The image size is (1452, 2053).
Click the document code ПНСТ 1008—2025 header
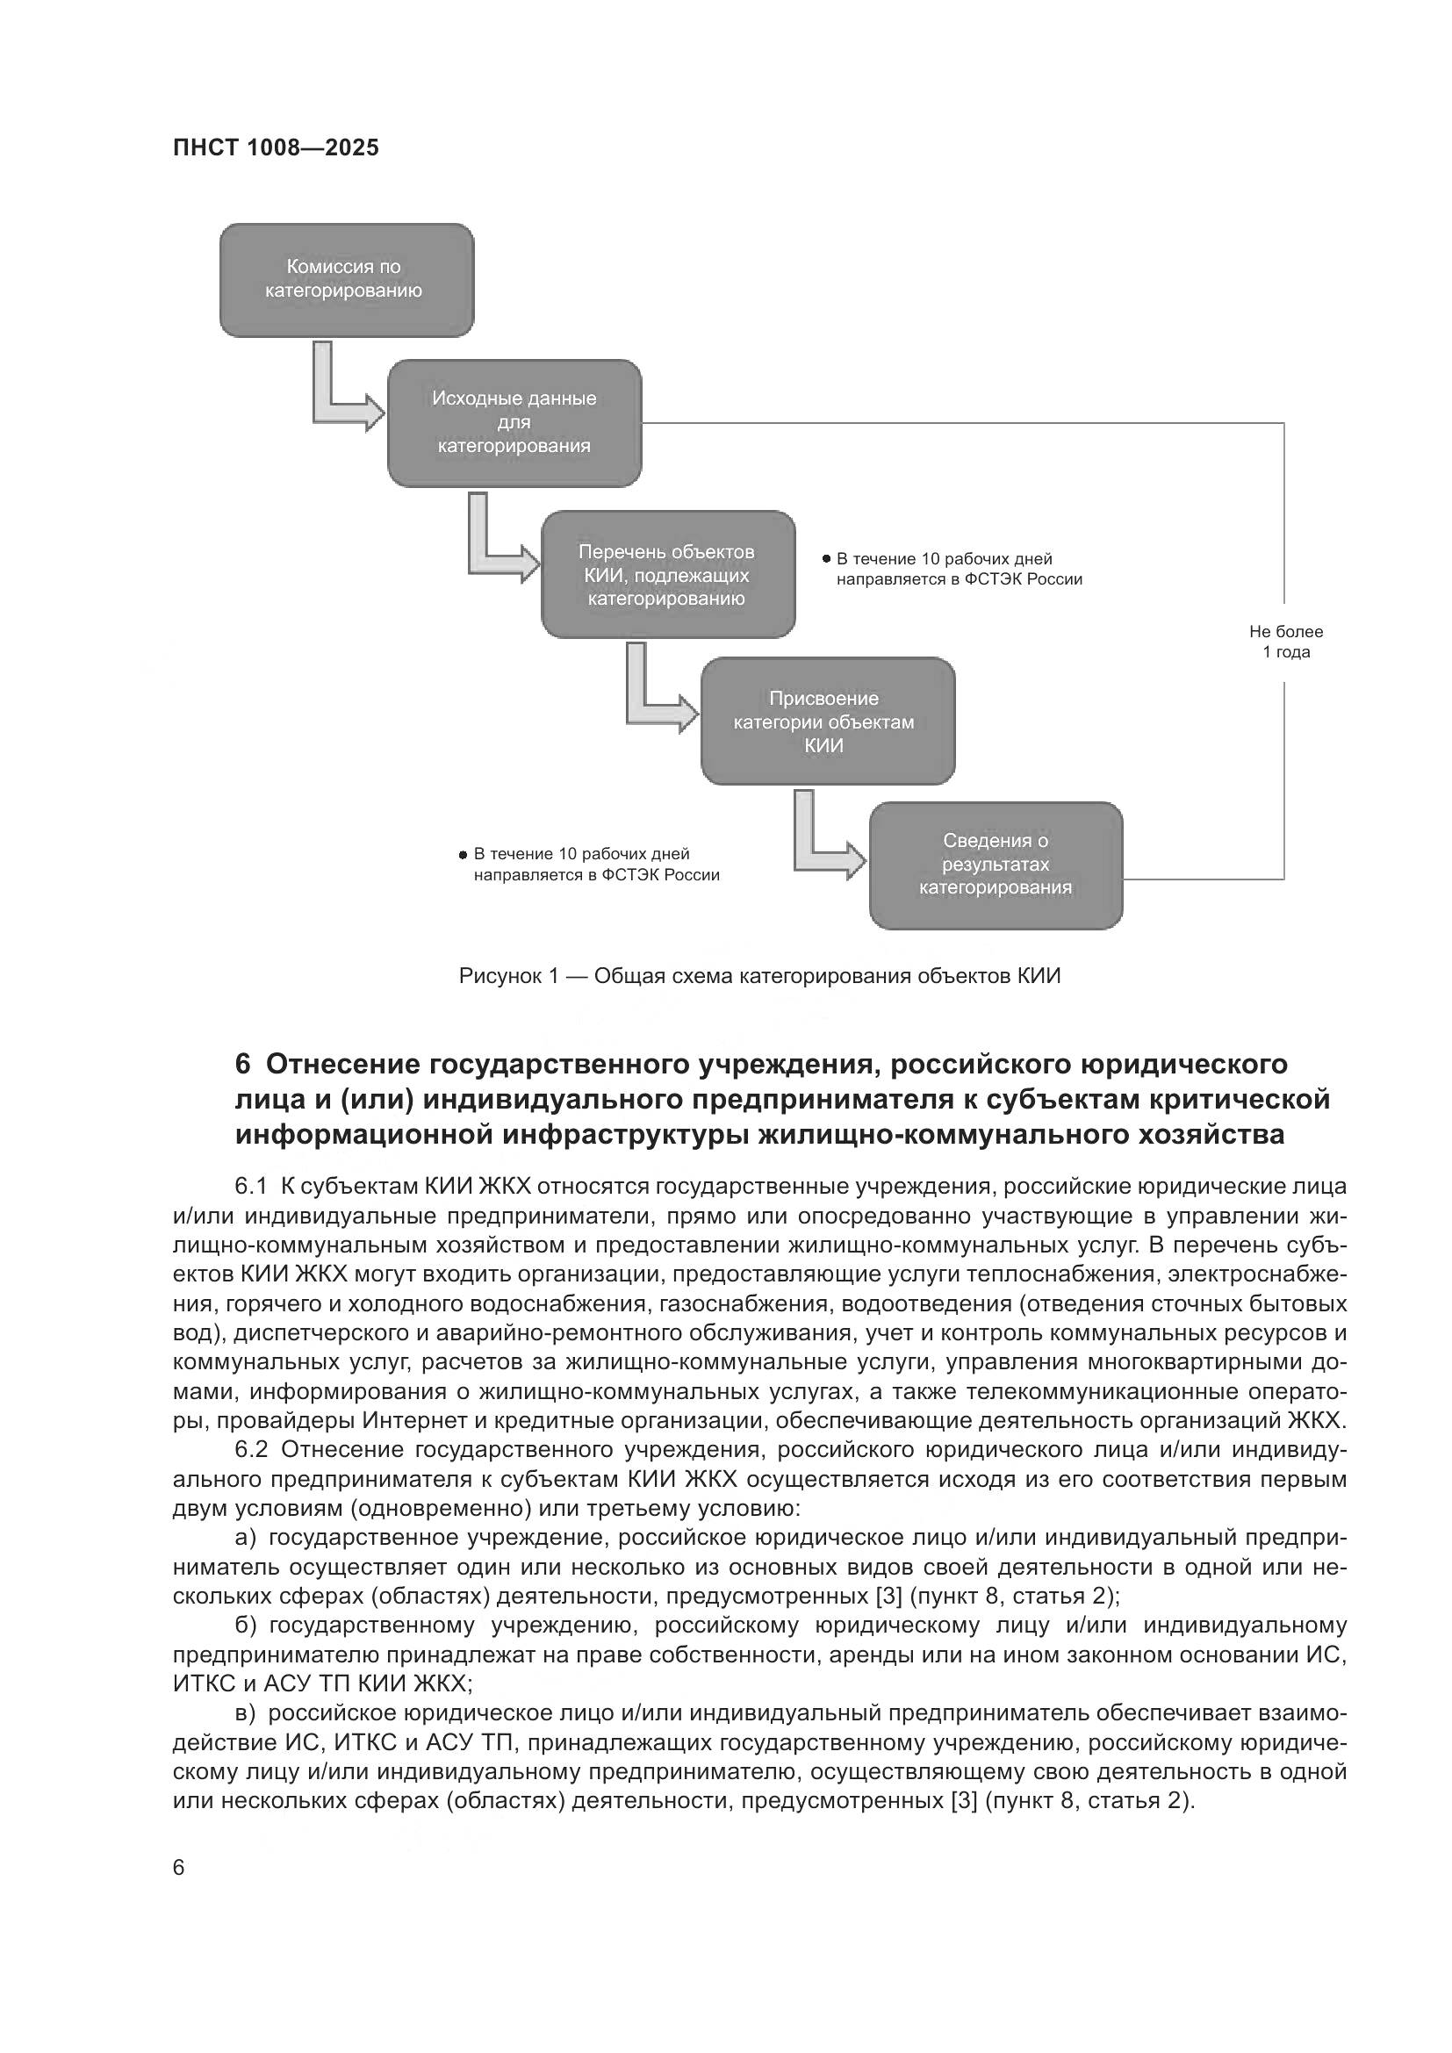pos(276,147)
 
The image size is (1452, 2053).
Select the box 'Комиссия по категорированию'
pos(346,280)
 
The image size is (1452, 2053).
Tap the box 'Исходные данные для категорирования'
pos(514,423)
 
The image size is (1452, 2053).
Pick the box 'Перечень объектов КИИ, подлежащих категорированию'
pos(667,575)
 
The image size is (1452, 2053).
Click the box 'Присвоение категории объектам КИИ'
pos(827,721)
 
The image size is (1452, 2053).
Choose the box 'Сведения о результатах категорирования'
pos(996,865)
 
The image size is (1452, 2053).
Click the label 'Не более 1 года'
pos(1285,642)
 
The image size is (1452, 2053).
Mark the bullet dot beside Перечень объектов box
pos(826,559)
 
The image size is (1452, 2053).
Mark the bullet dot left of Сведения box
pos(464,855)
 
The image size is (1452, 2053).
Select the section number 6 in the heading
pos(242,1064)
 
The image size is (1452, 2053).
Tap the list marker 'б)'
pos(246,1625)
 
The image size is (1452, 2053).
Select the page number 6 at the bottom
pos(179,1867)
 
